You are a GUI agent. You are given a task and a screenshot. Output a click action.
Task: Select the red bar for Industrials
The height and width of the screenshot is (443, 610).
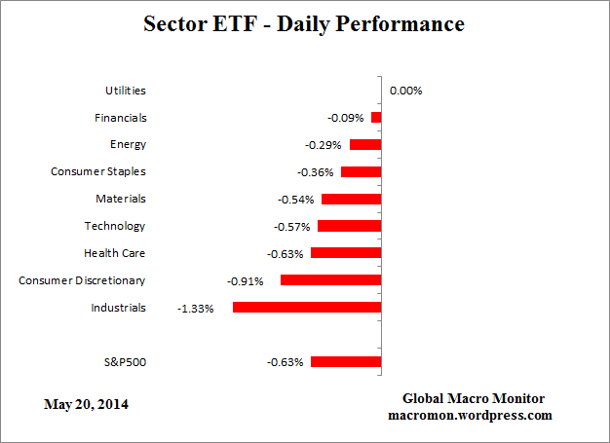[306, 308]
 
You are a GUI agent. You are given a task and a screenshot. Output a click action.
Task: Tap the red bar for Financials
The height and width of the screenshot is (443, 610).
[376, 118]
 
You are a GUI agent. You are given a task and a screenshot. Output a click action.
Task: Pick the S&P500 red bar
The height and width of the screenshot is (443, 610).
[346, 362]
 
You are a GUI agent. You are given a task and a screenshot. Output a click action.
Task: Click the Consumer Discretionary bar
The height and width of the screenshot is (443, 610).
[330, 280]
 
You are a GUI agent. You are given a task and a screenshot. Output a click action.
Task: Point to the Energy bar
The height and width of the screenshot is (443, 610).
[365, 145]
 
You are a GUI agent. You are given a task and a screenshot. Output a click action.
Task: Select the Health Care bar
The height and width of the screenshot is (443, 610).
[346, 253]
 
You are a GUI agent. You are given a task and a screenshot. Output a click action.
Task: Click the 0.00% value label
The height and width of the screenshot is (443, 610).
[405, 91]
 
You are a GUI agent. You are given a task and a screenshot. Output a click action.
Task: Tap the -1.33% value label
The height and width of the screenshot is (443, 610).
[195, 309]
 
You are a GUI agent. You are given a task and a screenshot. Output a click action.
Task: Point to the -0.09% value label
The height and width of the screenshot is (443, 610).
[346, 118]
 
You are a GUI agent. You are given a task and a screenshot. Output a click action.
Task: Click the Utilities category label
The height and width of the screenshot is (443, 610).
[125, 91]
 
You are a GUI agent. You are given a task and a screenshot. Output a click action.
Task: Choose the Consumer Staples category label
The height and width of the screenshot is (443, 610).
[97, 172]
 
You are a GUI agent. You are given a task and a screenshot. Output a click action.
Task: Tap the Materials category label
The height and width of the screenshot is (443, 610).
[122, 199]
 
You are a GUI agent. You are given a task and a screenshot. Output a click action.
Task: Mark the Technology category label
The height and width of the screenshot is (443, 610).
[115, 226]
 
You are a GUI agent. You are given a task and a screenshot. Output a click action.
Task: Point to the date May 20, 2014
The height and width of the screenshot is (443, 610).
[86, 403]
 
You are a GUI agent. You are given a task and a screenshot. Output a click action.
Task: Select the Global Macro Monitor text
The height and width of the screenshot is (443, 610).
[474, 399]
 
